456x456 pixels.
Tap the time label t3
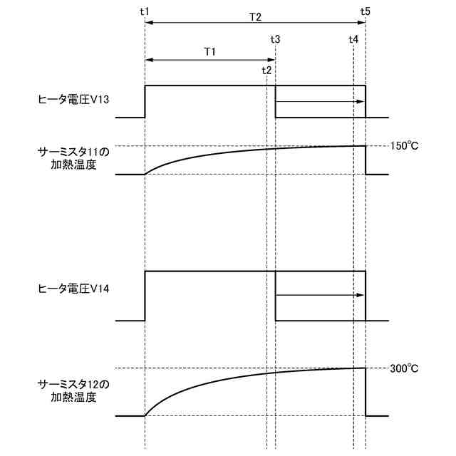pos(275,38)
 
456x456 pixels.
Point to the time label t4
pos(353,38)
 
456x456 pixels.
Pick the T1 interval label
pos(210,51)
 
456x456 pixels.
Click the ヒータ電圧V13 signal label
pos(73,100)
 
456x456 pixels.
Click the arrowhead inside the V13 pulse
pos(361,102)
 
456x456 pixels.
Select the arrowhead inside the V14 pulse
pos(361,294)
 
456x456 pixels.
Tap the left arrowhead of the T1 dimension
pos(148,61)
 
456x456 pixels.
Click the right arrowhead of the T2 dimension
pos(361,24)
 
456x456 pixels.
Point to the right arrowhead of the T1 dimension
pos(271,61)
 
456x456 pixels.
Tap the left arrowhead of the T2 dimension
pos(148,24)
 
